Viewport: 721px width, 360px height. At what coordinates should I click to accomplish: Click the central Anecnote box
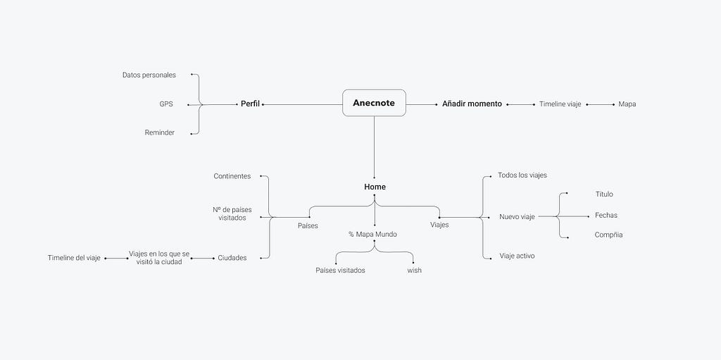pos(374,103)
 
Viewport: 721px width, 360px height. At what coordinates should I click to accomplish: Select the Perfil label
pos(250,104)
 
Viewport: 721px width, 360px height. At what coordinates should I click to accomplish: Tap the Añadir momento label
pos(472,104)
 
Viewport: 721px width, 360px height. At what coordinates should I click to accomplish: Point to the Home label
pos(375,187)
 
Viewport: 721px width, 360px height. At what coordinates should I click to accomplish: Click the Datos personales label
pos(149,75)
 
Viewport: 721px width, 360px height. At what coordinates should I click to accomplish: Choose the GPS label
pos(166,104)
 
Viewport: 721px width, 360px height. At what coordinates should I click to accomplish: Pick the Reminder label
pos(160,132)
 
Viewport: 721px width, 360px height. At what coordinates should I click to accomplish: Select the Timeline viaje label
pos(560,104)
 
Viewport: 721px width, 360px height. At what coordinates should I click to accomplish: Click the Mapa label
pos(627,104)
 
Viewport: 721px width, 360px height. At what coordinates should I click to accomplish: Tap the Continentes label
pos(232,176)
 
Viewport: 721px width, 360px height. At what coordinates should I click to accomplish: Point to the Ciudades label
pos(232,258)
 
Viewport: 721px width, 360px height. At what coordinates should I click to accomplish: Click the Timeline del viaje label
pos(74,258)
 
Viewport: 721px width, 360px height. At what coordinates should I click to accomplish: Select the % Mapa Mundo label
pos(372,235)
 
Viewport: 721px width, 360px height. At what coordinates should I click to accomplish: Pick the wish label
pos(414,271)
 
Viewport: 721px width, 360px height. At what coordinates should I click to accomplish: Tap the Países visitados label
pos(340,271)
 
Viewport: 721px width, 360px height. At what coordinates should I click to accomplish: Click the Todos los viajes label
pos(522,175)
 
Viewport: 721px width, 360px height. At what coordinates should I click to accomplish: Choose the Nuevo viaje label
pos(517,217)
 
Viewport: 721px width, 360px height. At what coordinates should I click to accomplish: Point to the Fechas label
pos(606,215)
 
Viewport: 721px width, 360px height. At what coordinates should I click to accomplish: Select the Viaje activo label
pos(518,256)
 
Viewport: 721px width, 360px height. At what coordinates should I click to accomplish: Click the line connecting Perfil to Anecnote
pos(303,104)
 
